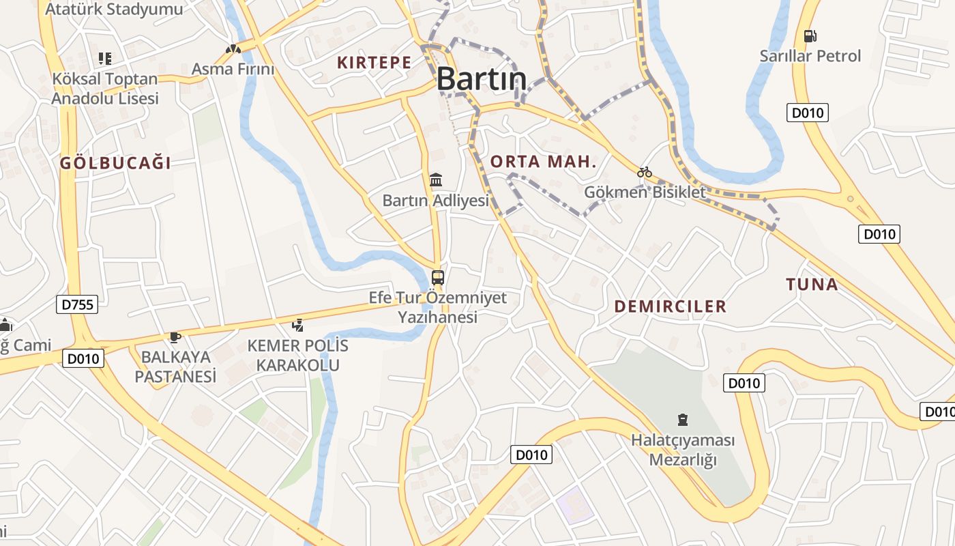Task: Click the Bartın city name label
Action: click(482, 78)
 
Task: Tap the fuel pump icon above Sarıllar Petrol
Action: click(810, 35)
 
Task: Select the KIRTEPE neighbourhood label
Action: click(374, 63)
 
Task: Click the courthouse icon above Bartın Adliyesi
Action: click(436, 180)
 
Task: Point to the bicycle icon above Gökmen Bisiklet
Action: click(645, 172)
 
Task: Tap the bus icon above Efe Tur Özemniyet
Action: click(438, 278)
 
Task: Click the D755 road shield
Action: click(77, 304)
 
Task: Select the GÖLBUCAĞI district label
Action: click(115, 163)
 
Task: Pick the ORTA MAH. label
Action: click(544, 162)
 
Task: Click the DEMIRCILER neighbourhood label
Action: click(671, 306)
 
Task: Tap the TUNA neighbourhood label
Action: click(812, 285)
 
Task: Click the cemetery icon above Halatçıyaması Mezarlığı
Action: click(682, 419)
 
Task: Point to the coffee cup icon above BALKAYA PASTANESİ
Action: click(175, 336)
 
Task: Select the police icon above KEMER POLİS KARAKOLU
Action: click(297, 325)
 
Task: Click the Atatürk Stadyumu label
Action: click(114, 9)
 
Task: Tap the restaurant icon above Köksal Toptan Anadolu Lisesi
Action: click(104, 59)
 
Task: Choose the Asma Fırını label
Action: click(233, 69)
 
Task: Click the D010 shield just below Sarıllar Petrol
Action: click(807, 113)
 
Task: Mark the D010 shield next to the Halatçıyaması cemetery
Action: click(744, 383)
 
